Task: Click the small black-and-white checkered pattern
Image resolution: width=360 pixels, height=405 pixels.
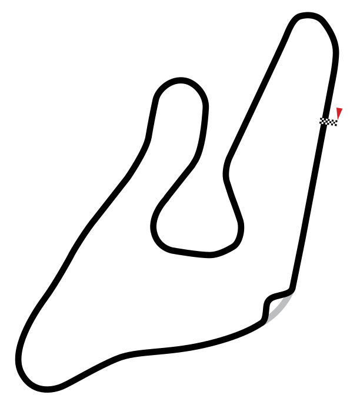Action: point(328,122)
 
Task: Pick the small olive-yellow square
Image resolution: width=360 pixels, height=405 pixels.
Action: point(288,307)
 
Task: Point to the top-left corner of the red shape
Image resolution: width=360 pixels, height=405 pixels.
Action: point(337,109)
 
